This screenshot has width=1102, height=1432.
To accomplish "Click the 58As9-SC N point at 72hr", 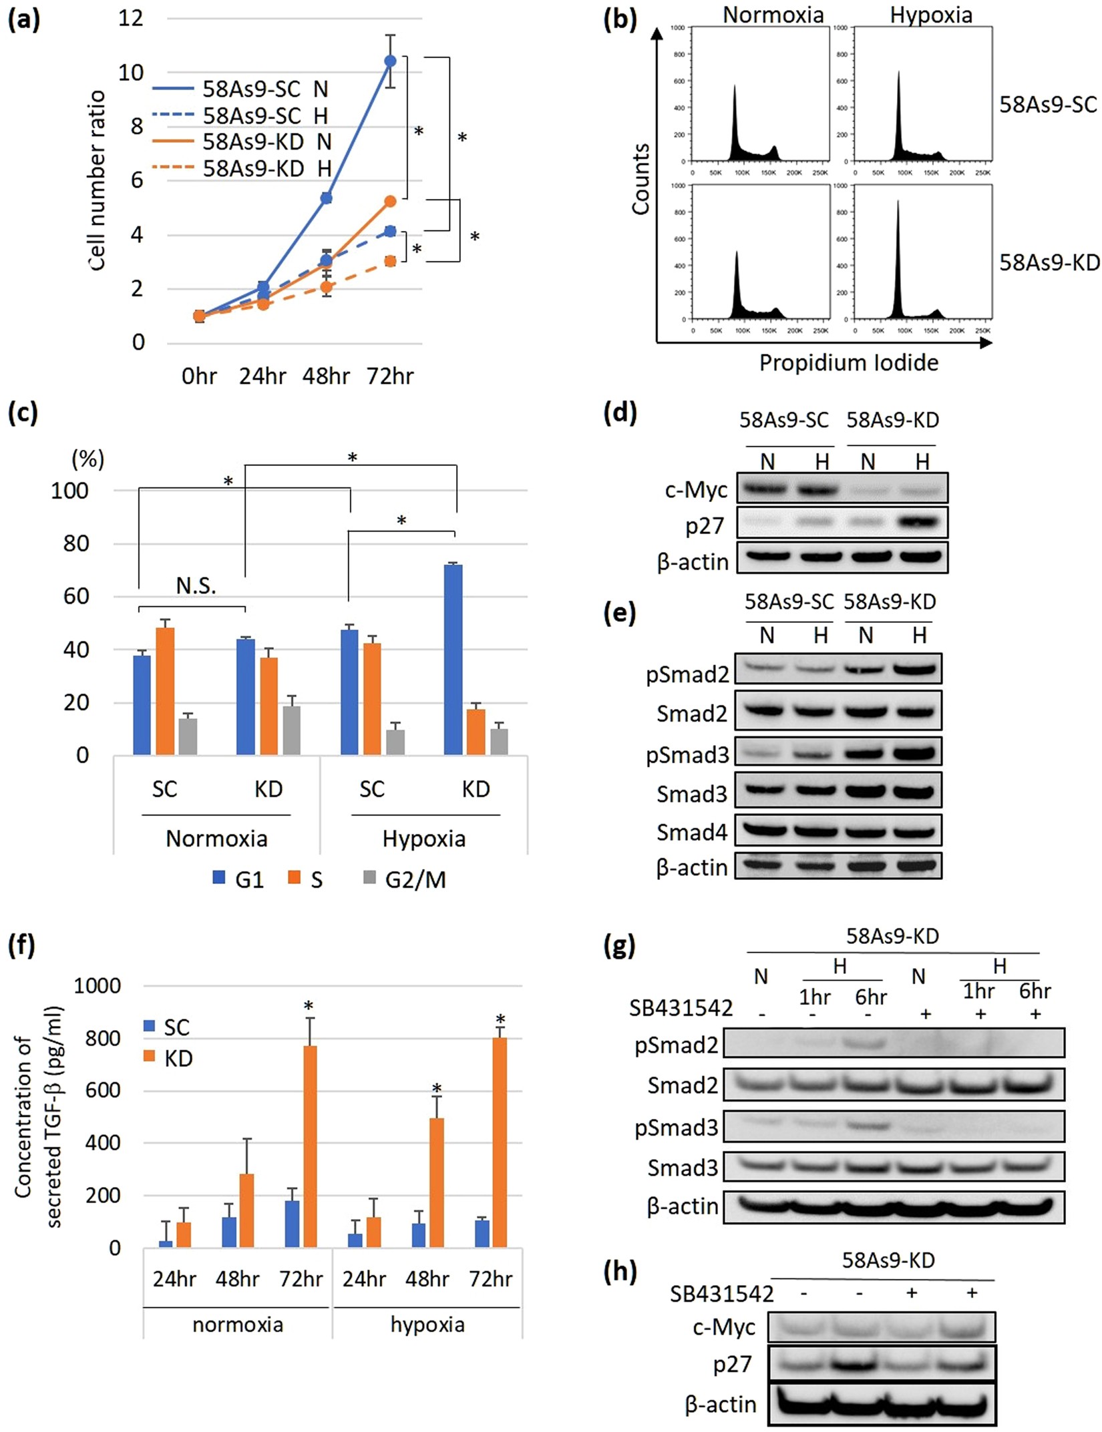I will click(x=390, y=61).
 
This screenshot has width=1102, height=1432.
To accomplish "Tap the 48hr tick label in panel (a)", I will click(x=326, y=376).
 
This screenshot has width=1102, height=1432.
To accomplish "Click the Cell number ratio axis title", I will click(x=98, y=180).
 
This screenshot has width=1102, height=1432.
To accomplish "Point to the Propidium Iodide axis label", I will click(x=848, y=363).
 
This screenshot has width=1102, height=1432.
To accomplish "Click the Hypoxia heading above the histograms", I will click(x=930, y=15).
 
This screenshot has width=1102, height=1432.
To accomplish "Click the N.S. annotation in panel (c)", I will click(x=196, y=585).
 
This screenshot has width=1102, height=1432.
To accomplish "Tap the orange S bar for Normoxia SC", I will click(x=165, y=691).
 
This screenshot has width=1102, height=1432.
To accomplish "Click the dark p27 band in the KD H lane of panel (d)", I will click(x=922, y=522).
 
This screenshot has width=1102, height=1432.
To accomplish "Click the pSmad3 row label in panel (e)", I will click(x=687, y=754).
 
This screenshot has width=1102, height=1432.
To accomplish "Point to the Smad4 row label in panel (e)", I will click(x=691, y=832).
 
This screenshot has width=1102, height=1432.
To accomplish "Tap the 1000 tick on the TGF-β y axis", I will click(x=97, y=985).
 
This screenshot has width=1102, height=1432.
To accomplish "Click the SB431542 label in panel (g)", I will click(x=681, y=1007).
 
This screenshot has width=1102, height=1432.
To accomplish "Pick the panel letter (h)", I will click(x=619, y=1270).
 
